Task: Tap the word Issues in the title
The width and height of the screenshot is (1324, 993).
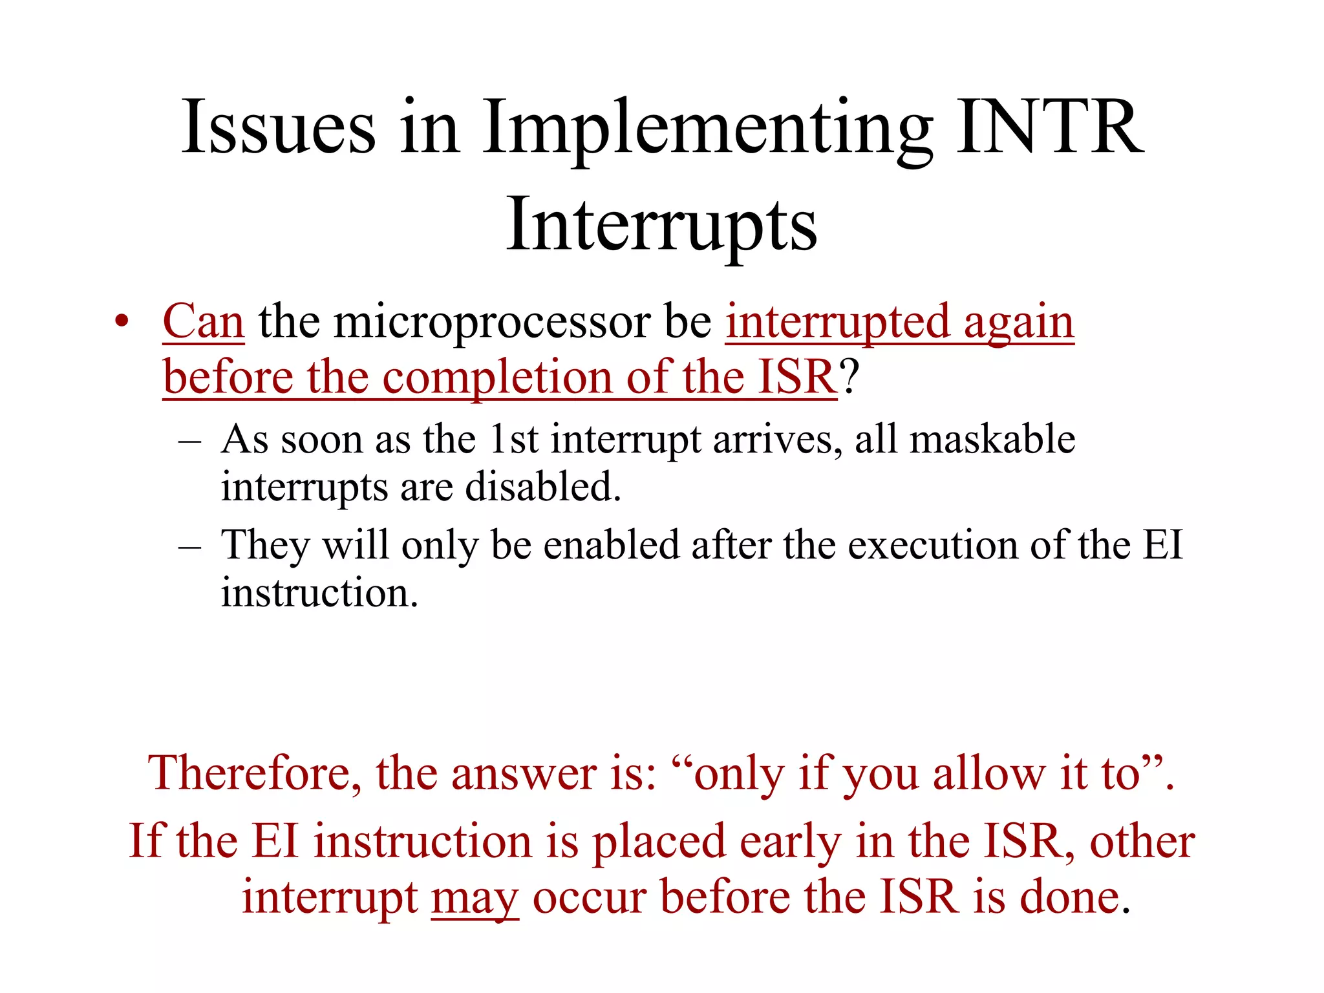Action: tap(278, 127)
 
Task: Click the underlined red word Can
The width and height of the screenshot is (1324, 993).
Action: tap(203, 321)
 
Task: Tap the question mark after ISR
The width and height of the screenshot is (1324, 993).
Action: tap(849, 378)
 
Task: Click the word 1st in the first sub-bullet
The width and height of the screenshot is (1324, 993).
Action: tap(514, 440)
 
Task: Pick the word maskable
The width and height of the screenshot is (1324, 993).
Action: tap(992, 440)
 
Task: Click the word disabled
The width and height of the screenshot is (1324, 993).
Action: tap(543, 487)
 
